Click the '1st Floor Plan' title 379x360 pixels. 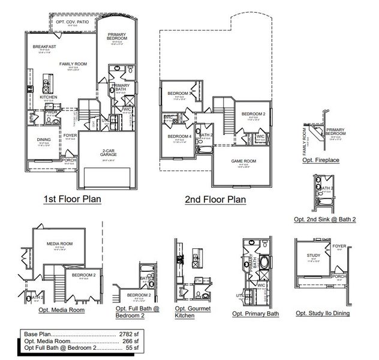click(x=72, y=199)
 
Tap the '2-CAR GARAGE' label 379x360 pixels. click(x=108, y=152)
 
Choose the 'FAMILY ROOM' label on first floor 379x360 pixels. click(x=73, y=63)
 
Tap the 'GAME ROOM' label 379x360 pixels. click(x=243, y=161)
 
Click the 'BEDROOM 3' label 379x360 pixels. click(x=179, y=93)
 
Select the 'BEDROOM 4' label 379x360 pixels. click(x=179, y=136)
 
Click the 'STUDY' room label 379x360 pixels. click(x=313, y=256)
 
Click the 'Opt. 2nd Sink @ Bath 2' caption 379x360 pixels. click(x=324, y=220)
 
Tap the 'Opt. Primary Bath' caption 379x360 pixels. click(x=256, y=313)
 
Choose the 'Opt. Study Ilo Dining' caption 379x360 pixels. click(x=323, y=313)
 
